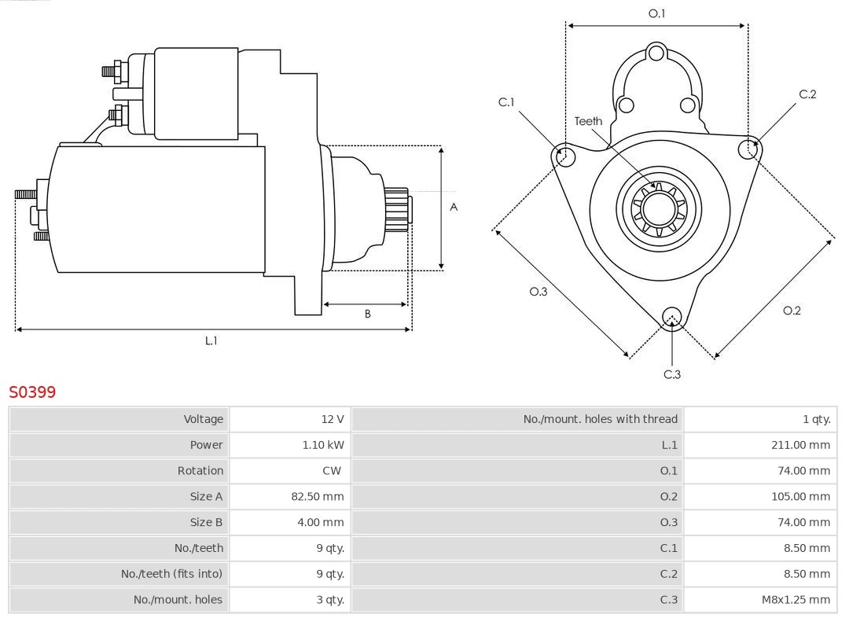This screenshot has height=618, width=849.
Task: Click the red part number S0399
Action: pos(32,392)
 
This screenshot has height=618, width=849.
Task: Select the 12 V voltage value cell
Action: pos(333,419)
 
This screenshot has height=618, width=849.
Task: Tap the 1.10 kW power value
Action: pos(323,445)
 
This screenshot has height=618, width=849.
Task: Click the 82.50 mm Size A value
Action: pos(318,497)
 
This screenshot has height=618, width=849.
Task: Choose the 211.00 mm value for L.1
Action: pos(800,445)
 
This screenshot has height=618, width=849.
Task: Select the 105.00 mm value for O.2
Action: pos(800,497)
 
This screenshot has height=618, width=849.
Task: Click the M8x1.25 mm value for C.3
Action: pos(796,600)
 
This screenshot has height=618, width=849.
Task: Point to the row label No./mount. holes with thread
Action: pos(600,419)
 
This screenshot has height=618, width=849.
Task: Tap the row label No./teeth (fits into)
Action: pos(171,574)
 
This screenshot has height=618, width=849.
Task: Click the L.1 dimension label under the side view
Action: pos(211,341)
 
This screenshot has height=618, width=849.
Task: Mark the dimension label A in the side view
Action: pos(454,208)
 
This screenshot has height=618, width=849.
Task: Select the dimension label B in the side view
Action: pos(367,315)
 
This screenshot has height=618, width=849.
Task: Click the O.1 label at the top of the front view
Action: pos(656,13)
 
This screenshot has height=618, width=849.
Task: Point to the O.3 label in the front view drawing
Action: pos(538,292)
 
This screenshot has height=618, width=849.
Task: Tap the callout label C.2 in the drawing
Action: pos(807,94)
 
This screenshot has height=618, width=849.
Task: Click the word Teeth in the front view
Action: pos(588,121)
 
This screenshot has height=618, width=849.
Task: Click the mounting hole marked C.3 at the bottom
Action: pos(671,317)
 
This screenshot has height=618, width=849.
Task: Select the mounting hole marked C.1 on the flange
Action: pos(564,156)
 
